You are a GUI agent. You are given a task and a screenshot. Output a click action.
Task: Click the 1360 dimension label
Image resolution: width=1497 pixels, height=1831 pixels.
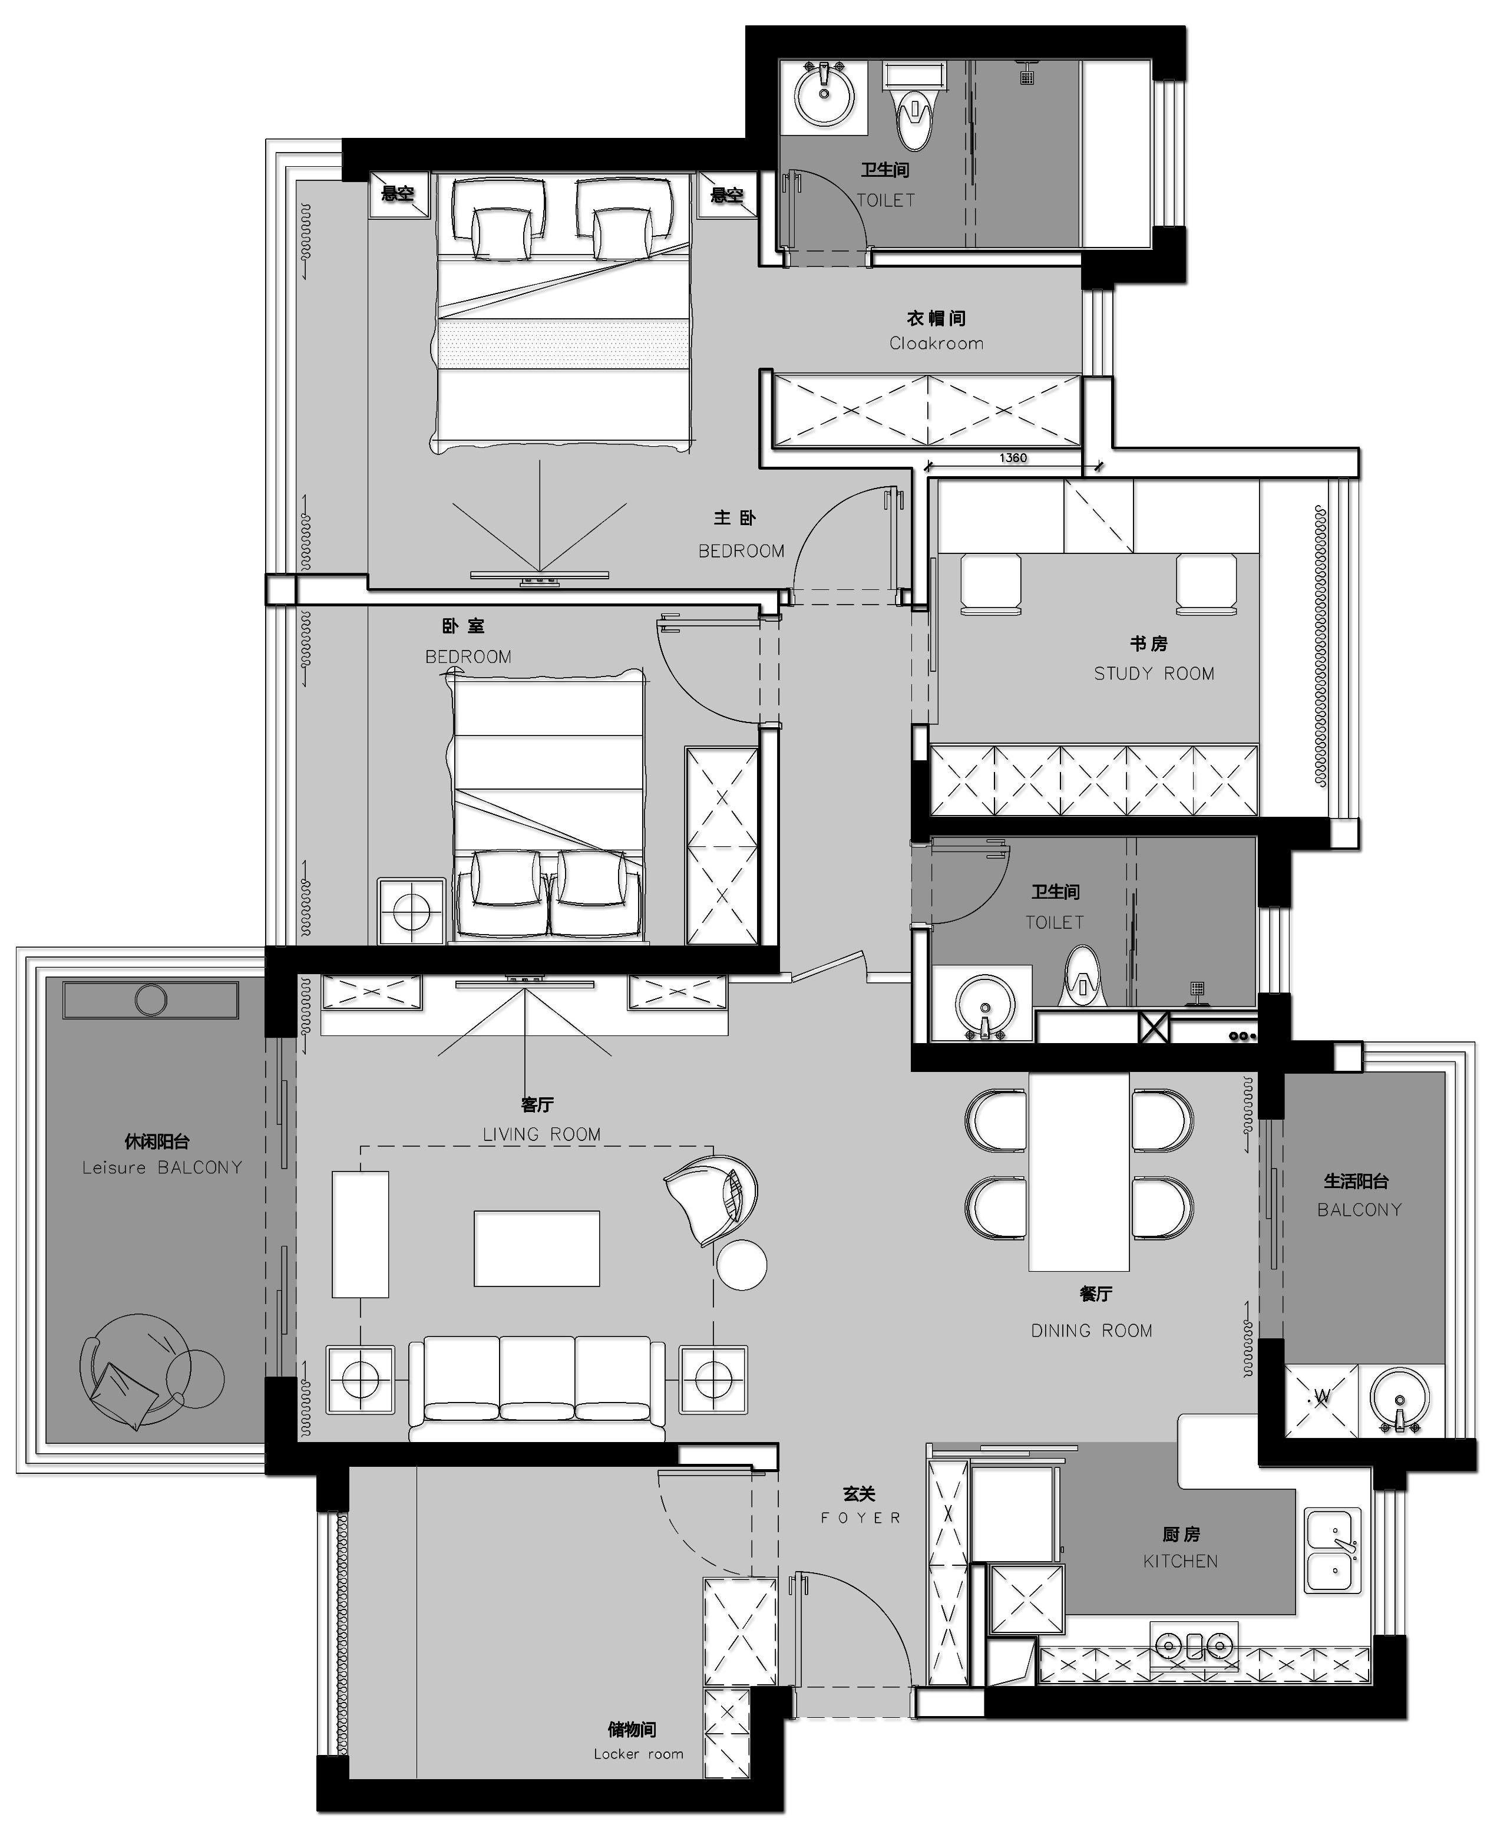pyautogui.click(x=1013, y=458)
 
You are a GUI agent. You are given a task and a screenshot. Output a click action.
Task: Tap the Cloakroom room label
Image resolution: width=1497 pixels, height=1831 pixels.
pyautogui.click(x=937, y=343)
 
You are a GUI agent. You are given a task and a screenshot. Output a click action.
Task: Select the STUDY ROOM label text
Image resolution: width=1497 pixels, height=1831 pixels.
pyautogui.click(x=1154, y=674)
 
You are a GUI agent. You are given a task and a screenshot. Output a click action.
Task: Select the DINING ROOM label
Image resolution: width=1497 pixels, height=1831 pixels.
pyautogui.click(x=1092, y=1331)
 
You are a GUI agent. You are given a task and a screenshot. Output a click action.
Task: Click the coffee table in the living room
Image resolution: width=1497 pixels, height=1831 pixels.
pyautogui.click(x=536, y=1249)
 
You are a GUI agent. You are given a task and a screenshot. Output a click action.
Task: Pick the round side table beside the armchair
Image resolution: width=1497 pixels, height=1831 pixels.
pyautogui.click(x=742, y=1264)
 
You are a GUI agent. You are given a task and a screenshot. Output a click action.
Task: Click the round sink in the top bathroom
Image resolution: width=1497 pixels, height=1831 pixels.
pyautogui.click(x=824, y=95)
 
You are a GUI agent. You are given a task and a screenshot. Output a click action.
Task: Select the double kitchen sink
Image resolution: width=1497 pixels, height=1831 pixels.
pyautogui.click(x=1333, y=1550)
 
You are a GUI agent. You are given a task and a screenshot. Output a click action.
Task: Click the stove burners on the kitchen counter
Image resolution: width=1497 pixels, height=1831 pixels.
pyautogui.click(x=1194, y=1645)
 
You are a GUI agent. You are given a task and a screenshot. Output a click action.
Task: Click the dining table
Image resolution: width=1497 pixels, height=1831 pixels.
pyautogui.click(x=1079, y=1171)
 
